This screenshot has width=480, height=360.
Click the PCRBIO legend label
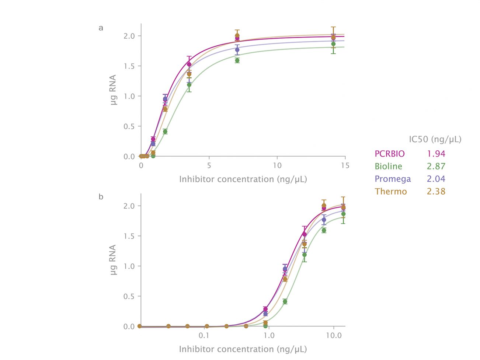[389, 154]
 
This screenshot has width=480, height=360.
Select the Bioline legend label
[388, 166]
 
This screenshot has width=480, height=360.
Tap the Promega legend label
[393, 179]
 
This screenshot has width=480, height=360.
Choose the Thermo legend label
[391, 191]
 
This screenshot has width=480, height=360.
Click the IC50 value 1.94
[436, 154]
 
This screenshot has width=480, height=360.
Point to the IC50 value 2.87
[436, 166]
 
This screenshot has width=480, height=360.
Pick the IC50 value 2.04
[436, 179]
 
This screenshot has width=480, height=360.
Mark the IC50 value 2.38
[436, 191]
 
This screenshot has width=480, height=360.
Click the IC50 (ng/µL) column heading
[435, 139]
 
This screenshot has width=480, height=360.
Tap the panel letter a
[101, 28]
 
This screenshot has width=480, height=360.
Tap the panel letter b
[101, 197]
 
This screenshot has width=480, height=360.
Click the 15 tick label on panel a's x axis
[345, 165]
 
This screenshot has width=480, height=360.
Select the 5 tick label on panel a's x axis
[209, 165]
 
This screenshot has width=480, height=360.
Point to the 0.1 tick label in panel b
[204, 336]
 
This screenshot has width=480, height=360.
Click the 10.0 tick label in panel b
[333, 336]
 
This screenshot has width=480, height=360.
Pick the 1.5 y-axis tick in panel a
[129, 66]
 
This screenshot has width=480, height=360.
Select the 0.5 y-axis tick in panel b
[129, 296]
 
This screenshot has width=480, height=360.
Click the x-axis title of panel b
[243, 349]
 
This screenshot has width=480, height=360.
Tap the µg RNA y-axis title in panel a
[113, 90]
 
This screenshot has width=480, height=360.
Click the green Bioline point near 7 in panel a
[237, 60]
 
